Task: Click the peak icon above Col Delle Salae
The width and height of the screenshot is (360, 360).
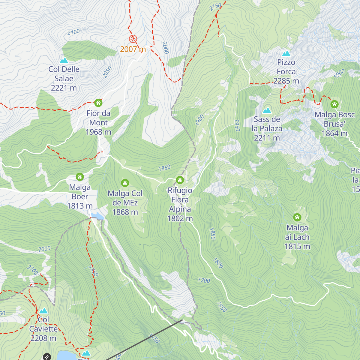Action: point(64,61)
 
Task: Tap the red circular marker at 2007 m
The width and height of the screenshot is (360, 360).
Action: point(133,39)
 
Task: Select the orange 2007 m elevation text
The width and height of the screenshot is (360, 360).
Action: point(133,49)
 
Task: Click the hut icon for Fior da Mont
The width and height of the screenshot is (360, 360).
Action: point(98,103)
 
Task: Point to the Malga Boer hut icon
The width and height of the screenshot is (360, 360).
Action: point(80,177)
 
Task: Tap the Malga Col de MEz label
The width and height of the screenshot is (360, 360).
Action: point(125,202)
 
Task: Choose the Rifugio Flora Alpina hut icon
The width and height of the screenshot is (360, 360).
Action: point(180,180)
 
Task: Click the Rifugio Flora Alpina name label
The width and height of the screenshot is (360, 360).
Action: point(180,204)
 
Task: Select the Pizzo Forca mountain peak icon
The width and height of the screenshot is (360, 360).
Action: point(286,54)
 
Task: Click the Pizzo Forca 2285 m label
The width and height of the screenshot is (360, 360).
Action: point(286,72)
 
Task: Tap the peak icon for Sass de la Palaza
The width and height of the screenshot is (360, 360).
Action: point(267,111)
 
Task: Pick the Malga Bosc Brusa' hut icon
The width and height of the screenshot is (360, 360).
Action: point(334,104)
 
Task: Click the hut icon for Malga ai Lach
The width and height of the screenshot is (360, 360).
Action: point(297,217)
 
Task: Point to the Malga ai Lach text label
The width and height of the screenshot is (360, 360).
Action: point(297,237)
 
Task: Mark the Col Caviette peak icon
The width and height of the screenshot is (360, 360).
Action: point(43,310)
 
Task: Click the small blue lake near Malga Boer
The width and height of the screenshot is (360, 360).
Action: point(97,215)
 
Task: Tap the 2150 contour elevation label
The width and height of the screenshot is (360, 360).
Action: point(215,7)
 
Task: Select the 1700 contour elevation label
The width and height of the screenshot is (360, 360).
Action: point(204,280)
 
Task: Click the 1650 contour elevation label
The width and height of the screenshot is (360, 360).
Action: point(222,307)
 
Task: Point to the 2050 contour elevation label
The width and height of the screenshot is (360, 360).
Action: point(107,72)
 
